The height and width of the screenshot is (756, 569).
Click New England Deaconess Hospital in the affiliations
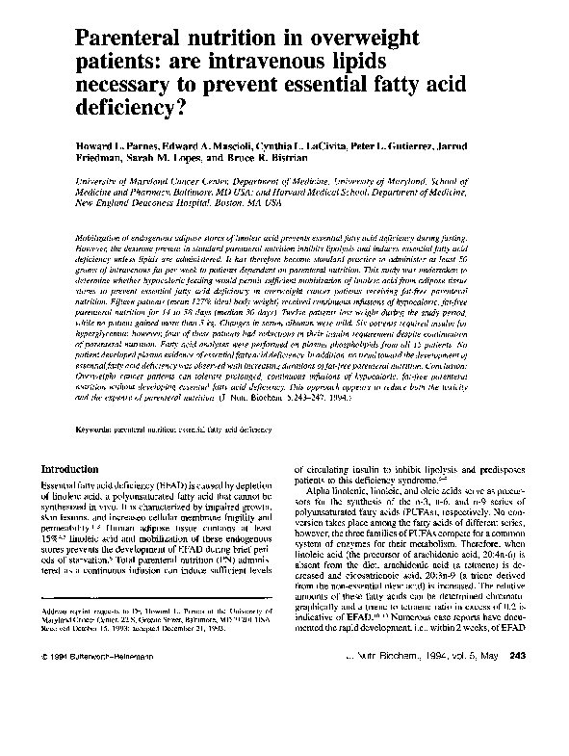point(140,204)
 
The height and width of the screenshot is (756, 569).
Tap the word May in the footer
point(481,737)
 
